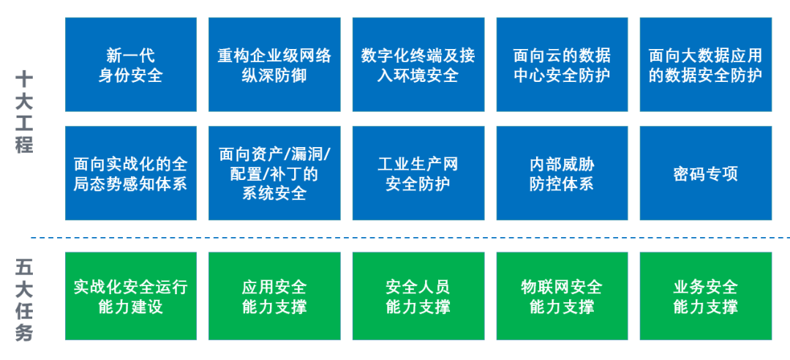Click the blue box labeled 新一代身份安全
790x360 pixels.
pyautogui.click(x=130, y=64)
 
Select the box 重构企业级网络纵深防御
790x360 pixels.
pyautogui.click(x=274, y=64)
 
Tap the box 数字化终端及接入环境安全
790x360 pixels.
pyautogui.click(x=418, y=64)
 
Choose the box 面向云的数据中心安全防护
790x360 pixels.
pyautogui.click(x=563, y=64)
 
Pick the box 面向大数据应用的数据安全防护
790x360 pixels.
pyautogui.click(x=706, y=64)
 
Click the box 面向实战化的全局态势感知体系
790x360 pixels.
pyautogui.click(x=130, y=173)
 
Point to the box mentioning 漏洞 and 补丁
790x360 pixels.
pyautogui.click(x=274, y=173)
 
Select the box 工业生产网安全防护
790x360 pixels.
pyautogui.click(x=418, y=173)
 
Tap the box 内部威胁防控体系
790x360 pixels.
pyautogui.click(x=563, y=173)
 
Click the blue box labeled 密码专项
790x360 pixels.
pyautogui.click(x=706, y=173)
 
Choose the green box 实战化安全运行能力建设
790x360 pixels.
pyautogui.click(x=130, y=296)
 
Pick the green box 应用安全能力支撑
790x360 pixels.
pyautogui.click(x=274, y=296)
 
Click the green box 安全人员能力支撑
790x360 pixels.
pyautogui.click(x=418, y=296)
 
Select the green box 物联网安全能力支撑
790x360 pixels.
pyautogui.click(x=563, y=296)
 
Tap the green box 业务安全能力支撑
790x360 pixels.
pyautogui.click(x=706, y=296)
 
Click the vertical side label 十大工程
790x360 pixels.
pyautogui.click(x=24, y=113)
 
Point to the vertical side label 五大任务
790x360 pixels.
pyautogui.click(x=24, y=300)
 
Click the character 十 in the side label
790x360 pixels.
pyautogui.click(x=24, y=79)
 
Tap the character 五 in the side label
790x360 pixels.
pyautogui.click(x=24, y=267)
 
